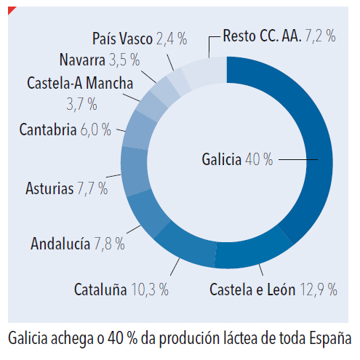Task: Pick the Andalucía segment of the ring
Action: (x=147, y=213)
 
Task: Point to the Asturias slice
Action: (x=135, y=171)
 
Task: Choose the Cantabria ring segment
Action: (x=139, y=129)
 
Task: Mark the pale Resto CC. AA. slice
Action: (x=206, y=71)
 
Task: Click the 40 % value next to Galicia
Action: (x=259, y=159)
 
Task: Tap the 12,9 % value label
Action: (x=319, y=289)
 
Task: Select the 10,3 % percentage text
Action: (x=150, y=289)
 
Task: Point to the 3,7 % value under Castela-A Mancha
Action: (x=81, y=104)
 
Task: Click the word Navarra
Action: (x=82, y=60)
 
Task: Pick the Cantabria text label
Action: (x=48, y=129)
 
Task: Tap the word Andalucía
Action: (x=60, y=243)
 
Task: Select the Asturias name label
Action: (x=49, y=188)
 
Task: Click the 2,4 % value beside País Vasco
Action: (x=172, y=39)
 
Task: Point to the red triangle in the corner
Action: (x=11, y=9)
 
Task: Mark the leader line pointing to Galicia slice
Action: (x=298, y=159)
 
